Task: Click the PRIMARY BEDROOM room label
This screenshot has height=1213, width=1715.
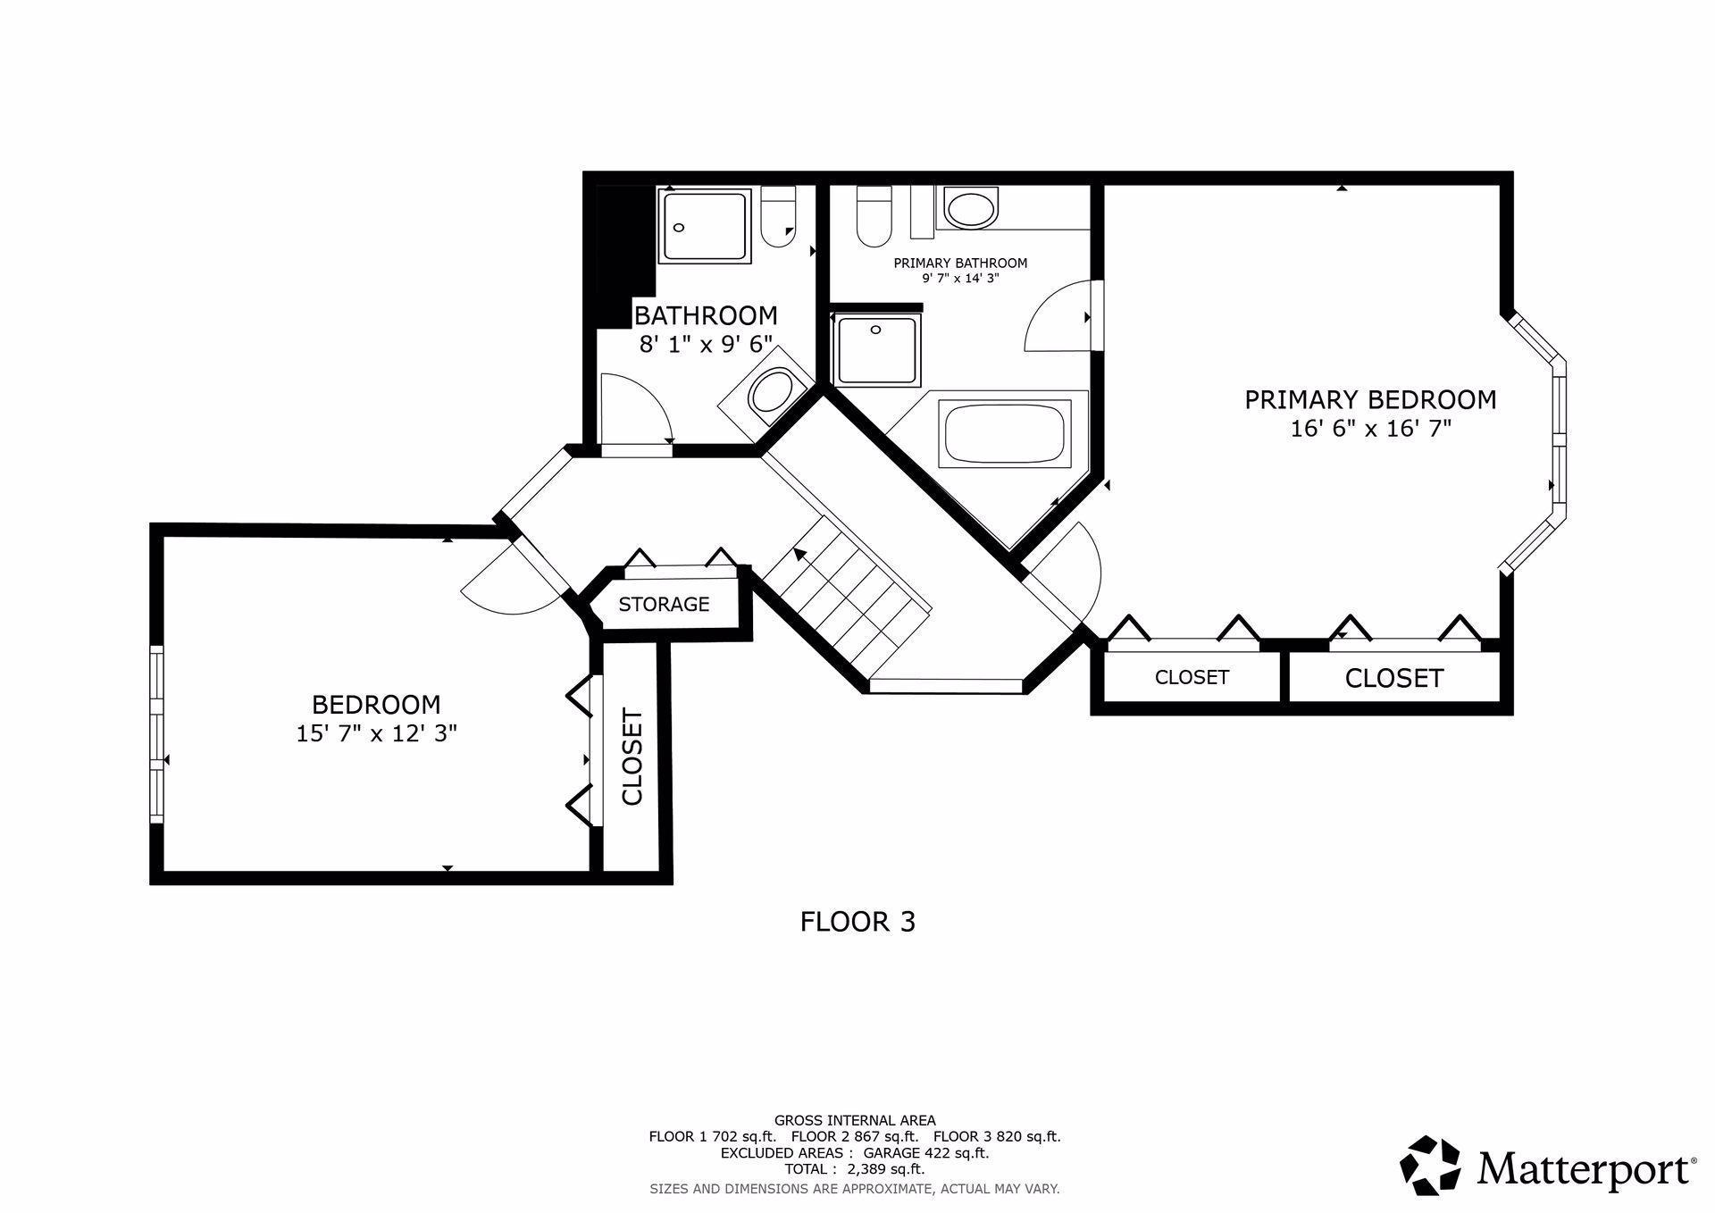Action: coord(1370,399)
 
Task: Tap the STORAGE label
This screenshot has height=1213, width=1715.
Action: coord(664,604)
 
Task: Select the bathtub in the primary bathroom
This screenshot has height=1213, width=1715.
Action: coord(1006,433)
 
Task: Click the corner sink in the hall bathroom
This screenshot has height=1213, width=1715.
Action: coord(768,394)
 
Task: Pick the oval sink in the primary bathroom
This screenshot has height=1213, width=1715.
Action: coord(970,209)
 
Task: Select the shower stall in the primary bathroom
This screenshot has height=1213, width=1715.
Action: coord(876,350)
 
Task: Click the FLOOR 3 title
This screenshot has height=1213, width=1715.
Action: coord(857,921)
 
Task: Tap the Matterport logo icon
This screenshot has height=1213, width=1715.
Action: coord(1430,1166)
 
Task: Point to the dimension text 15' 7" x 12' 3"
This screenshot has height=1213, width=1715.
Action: coord(377,733)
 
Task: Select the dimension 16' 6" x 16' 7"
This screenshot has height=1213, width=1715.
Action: coord(1370,429)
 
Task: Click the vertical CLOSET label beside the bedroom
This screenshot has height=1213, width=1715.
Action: coord(632,757)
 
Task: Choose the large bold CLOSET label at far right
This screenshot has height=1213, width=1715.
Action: coord(1394,679)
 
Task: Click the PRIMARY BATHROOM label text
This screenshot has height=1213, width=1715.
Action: coord(960,263)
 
